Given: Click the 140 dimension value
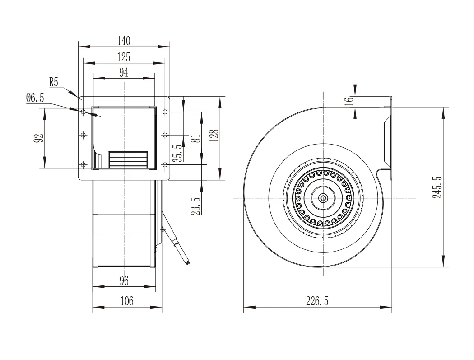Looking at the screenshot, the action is point(124,41).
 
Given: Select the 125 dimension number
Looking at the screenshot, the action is point(124,57).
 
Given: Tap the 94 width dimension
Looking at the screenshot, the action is point(124,73).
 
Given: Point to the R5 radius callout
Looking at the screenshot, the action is point(54,82).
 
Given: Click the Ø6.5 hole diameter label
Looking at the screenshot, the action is point(35,98).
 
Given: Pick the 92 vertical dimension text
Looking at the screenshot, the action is point(39,138).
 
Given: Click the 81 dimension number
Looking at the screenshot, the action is point(196,139).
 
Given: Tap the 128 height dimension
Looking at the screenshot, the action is point(214,136).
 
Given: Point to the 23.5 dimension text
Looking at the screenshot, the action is point(196,206).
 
